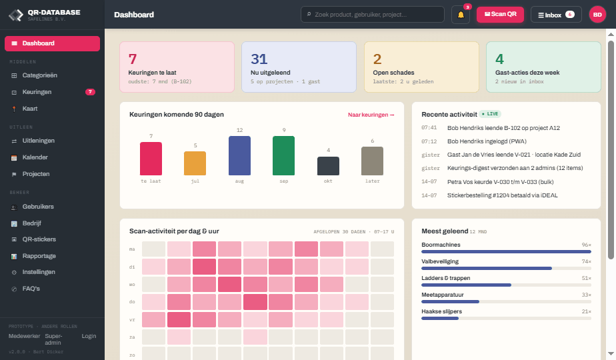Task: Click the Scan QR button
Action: (500, 15)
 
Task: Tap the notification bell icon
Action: (461, 15)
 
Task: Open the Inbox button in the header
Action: (556, 15)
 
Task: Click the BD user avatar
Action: (597, 15)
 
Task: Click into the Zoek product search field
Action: (373, 15)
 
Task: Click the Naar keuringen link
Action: (371, 115)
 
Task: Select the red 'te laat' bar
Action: (151, 159)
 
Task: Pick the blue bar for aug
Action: (239, 155)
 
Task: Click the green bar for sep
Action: (283, 155)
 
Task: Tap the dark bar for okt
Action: (328, 166)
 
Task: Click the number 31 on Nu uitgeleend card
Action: (259, 59)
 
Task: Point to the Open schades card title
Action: (393, 73)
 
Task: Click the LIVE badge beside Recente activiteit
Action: (490, 114)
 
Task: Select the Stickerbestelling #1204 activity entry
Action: (503, 195)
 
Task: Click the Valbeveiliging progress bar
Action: (506, 269)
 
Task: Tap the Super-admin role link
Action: (53, 339)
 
